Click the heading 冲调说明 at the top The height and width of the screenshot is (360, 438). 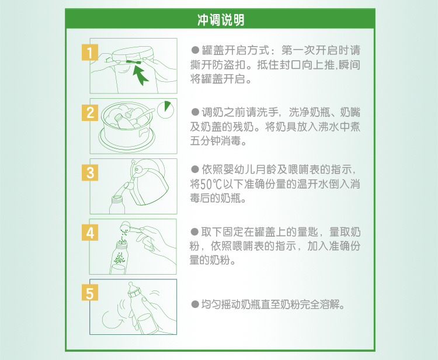coord(219,20)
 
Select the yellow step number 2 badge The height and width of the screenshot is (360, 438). coord(89,112)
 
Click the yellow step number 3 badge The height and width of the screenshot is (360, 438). coord(89,172)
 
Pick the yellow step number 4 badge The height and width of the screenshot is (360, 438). coord(89,233)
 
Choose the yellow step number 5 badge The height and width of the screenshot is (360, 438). coord(89,293)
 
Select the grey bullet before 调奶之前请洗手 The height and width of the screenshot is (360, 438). coord(196,112)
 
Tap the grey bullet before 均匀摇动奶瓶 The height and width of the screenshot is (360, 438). coord(196,305)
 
